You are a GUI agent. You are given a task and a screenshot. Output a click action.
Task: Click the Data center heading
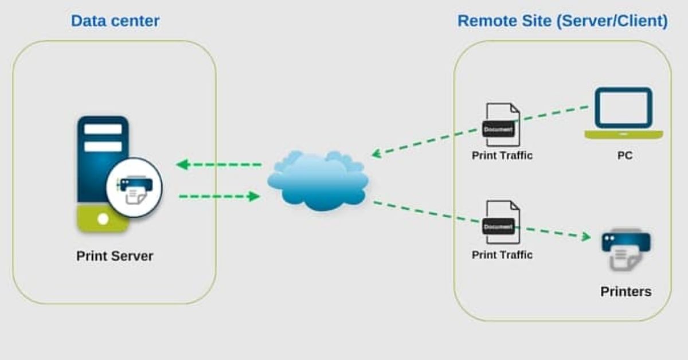click(115, 22)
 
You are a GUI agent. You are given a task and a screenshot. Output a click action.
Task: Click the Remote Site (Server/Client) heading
click(562, 22)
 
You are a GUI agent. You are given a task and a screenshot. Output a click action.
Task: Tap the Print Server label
click(115, 256)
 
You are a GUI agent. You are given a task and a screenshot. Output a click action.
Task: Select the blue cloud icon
click(317, 180)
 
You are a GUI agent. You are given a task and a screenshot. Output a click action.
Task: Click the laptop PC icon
click(623, 113)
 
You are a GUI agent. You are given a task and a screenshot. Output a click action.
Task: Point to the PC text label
click(624, 155)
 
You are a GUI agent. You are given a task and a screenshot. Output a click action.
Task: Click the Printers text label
click(626, 291)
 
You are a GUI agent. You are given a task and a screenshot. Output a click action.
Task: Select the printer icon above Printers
click(625, 248)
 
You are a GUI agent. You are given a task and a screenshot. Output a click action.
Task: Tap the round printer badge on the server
click(134, 187)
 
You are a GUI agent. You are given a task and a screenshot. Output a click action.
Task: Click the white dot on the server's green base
click(103, 219)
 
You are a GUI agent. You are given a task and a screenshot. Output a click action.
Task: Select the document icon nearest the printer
click(502, 222)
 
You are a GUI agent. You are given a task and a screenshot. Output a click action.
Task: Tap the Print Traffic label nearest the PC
click(502, 155)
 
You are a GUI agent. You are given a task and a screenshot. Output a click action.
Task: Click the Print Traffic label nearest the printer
click(502, 255)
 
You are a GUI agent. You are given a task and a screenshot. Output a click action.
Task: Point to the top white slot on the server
click(103, 129)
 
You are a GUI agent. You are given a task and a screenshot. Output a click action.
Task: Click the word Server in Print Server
click(132, 256)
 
